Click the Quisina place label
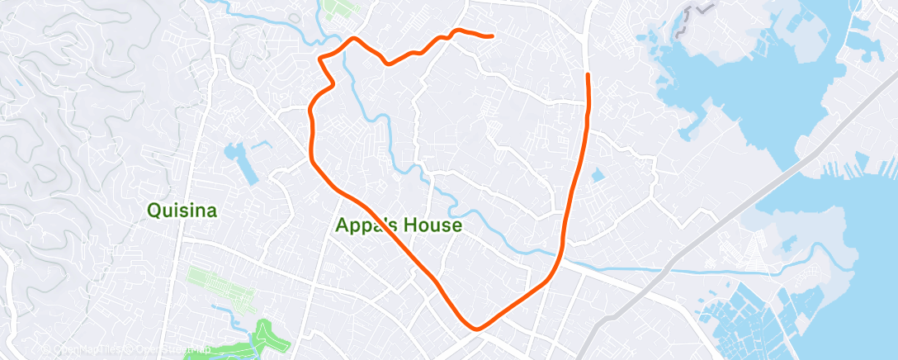[182, 211]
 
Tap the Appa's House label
[399, 225]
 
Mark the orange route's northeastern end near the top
[492, 36]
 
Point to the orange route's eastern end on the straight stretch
[588, 75]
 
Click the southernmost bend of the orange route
[476, 329]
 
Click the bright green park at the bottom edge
[266, 339]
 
